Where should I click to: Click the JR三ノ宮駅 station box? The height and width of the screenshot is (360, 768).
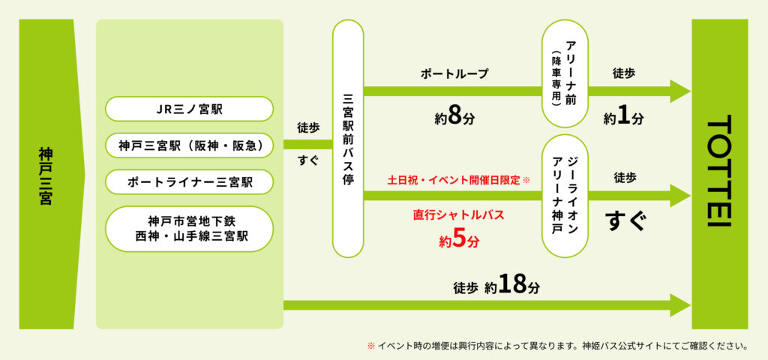pos(189,109)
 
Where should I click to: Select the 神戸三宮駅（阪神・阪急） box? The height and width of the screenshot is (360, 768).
pos(189,145)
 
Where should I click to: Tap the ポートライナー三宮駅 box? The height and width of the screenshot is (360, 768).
pos(189,181)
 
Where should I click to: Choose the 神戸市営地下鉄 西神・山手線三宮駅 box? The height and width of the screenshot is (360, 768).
pos(189,229)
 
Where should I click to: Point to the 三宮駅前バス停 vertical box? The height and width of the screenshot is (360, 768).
pos(348,139)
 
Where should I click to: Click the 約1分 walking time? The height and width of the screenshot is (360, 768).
pos(624,118)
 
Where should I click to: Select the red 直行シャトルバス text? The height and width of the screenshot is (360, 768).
pos(458,214)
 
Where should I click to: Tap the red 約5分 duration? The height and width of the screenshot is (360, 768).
pos(458,241)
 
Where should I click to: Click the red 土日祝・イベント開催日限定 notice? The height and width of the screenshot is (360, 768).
pos(458,181)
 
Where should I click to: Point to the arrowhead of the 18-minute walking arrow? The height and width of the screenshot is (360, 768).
pos(681,305)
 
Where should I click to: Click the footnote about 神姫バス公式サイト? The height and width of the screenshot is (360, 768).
pos(558,347)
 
